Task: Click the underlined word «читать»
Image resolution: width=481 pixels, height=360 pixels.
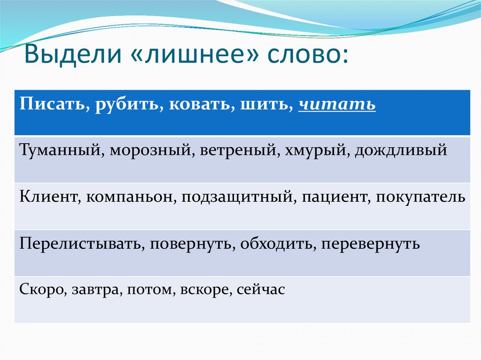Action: [x=337, y=104]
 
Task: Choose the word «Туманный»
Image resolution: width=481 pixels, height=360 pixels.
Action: [x=60, y=150]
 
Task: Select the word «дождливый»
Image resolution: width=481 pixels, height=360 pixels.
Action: [x=401, y=151]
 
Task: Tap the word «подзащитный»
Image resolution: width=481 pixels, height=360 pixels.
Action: [x=239, y=197]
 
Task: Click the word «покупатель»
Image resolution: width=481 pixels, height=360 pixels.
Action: [x=420, y=197]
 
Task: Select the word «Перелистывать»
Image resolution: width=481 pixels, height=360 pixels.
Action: [x=82, y=244]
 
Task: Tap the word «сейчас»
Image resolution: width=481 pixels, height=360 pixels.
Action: [x=261, y=290]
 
